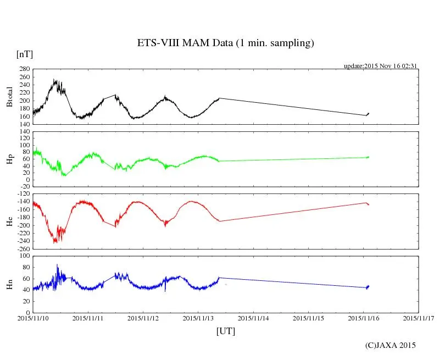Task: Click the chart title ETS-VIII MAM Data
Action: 225,43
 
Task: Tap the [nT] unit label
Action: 25,54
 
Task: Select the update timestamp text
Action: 381,66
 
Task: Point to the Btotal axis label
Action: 9,97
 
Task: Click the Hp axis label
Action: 9,159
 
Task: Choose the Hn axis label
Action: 9,284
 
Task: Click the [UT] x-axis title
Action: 225,331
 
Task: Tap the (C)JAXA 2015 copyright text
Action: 391,345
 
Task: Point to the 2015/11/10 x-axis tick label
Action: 33,318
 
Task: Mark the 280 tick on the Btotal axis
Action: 24,69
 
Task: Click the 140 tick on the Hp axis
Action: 24,132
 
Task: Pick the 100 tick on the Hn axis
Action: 24,256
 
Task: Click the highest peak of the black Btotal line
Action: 54,80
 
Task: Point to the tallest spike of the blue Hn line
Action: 57,264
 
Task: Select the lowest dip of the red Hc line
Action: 54,242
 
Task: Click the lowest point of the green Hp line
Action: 65,176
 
